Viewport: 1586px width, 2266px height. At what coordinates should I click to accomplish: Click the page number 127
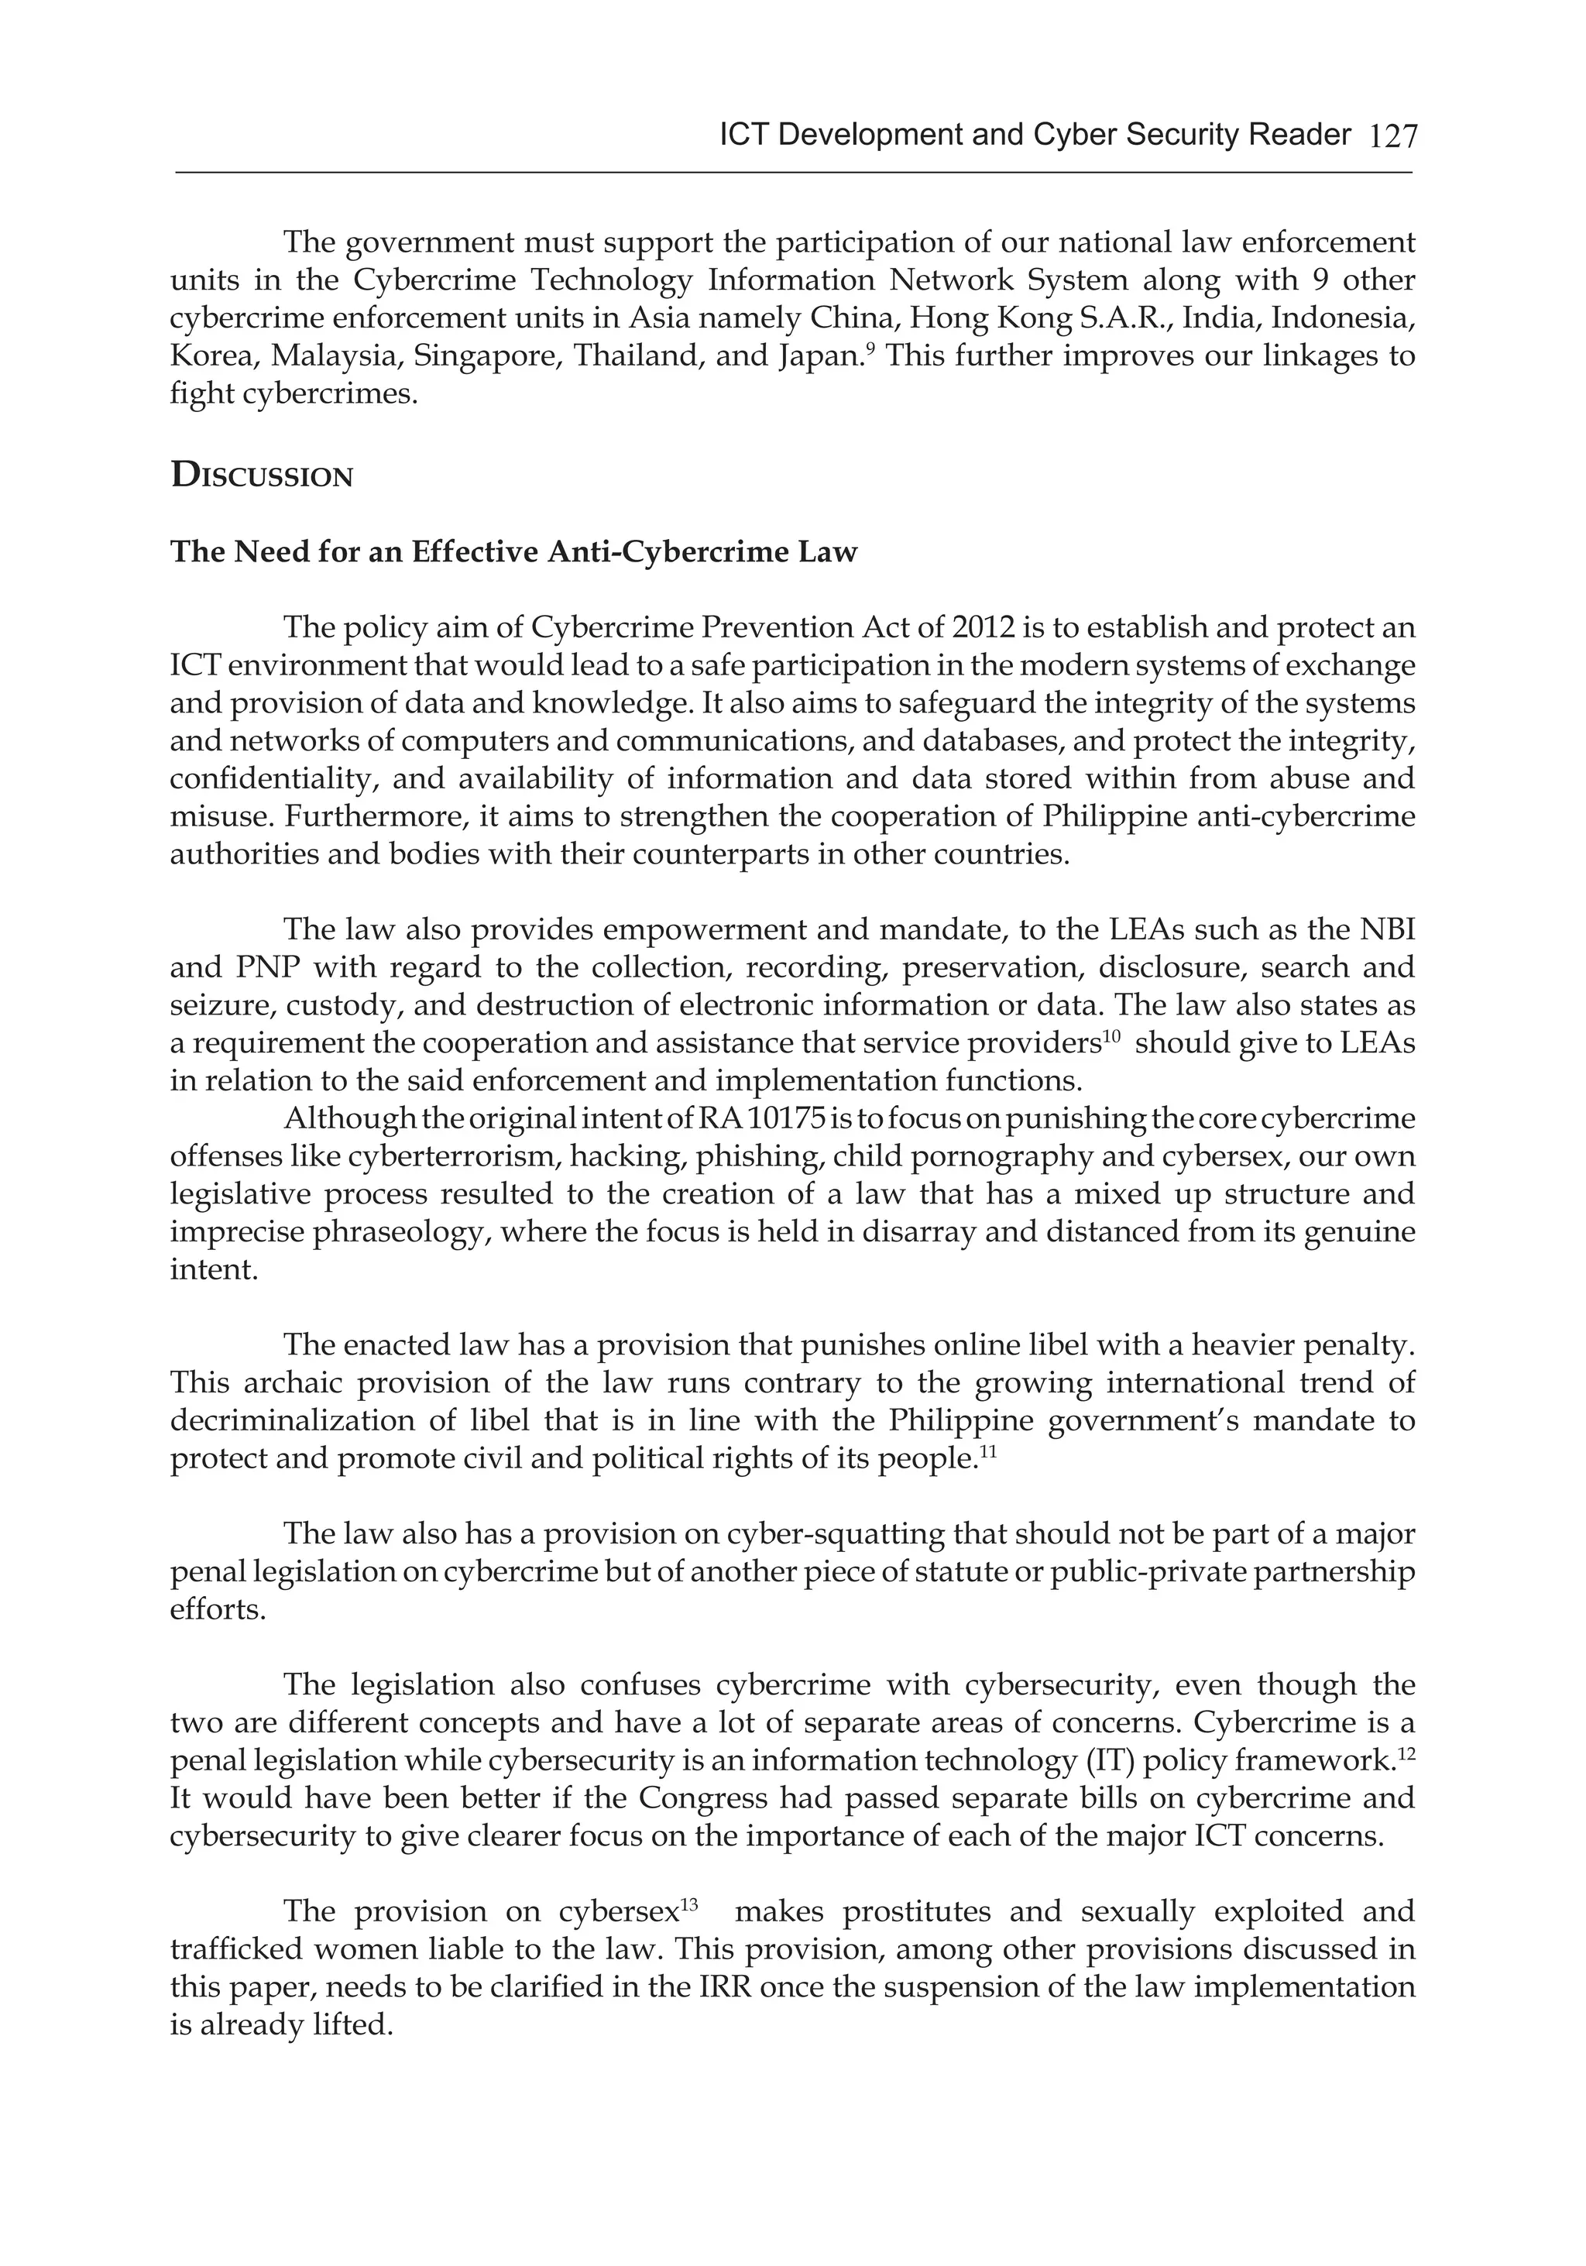click(1392, 136)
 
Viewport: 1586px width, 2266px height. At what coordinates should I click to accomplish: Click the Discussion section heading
click(262, 477)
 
